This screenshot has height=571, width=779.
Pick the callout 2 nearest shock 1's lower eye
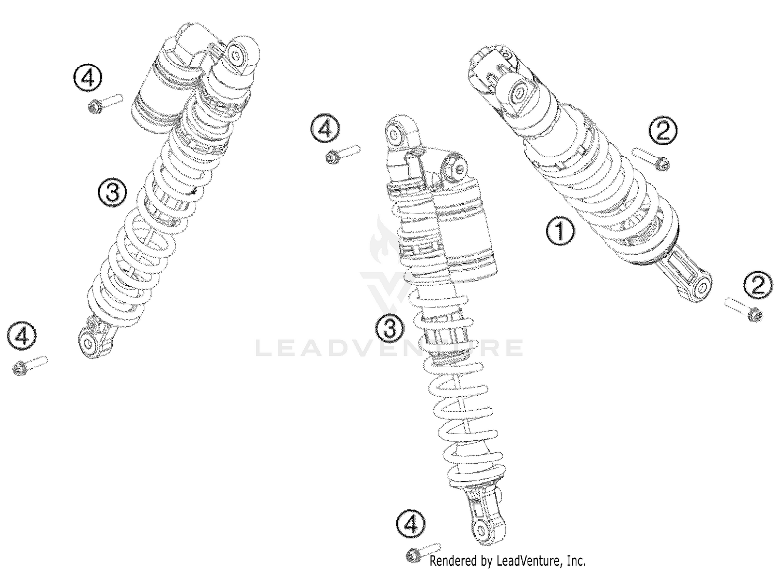(758, 285)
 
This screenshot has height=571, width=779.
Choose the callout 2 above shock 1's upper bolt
(663, 130)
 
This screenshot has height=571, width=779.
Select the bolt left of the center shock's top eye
(343, 154)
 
